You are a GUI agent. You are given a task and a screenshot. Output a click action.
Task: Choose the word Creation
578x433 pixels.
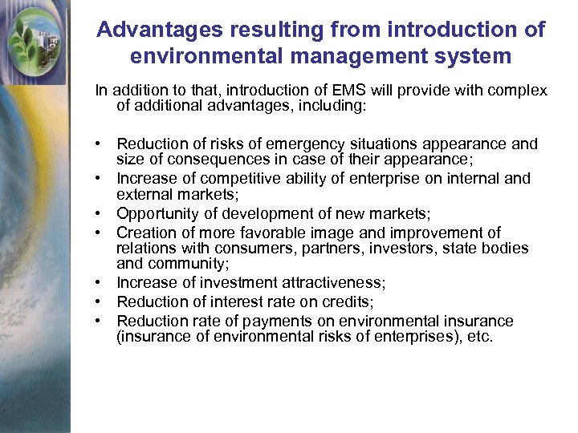[x=145, y=233]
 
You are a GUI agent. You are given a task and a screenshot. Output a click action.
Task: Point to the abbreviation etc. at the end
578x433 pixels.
[x=479, y=336]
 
